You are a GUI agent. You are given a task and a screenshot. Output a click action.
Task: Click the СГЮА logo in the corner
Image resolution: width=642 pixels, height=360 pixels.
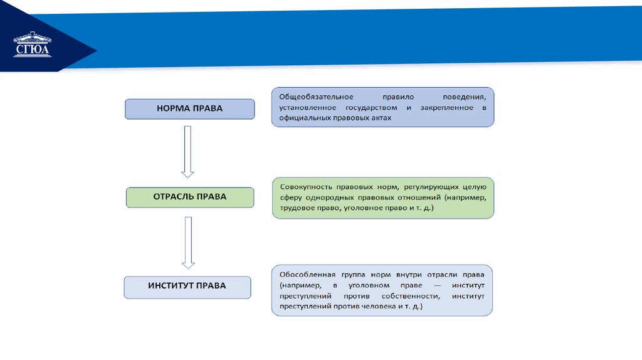click(33, 45)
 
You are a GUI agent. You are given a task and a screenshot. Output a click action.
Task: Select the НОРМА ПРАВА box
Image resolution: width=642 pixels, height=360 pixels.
click(189, 109)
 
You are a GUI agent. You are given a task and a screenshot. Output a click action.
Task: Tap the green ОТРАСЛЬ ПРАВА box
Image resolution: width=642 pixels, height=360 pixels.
click(189, 197)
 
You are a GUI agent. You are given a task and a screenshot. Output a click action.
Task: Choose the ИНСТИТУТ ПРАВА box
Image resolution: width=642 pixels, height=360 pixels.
click(187, 287)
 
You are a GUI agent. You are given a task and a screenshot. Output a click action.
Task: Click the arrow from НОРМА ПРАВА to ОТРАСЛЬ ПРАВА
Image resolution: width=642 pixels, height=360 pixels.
click(187, 151)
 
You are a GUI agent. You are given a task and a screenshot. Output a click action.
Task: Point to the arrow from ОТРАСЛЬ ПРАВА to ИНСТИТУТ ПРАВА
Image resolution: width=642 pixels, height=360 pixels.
click(187, 241)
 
